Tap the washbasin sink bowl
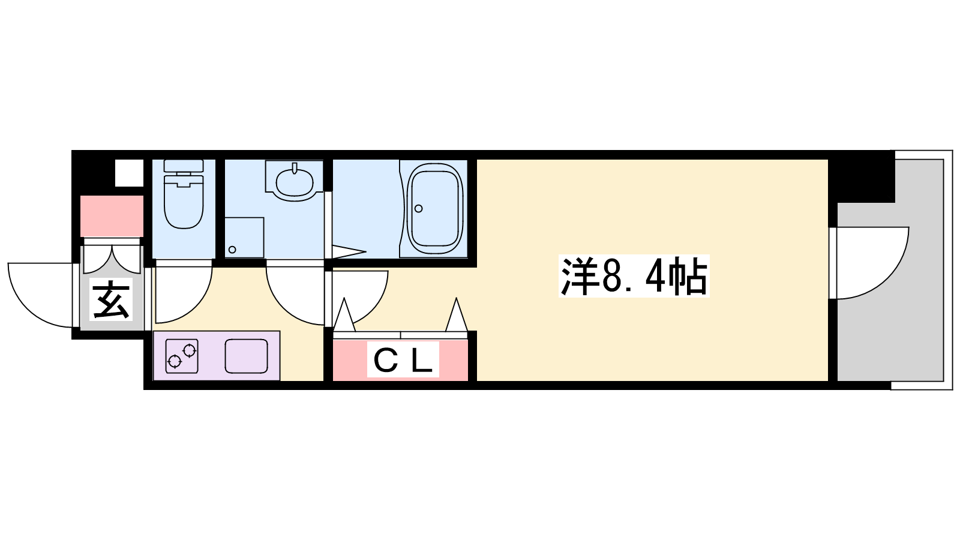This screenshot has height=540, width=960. click(294, 182)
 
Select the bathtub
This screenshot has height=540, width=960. click(434, 209)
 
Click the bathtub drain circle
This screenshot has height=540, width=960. click(419, 209)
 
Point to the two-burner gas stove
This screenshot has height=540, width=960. click(182, 356)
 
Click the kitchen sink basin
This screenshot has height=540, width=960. click(247, 356)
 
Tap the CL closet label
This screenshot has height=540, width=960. click(403, 359)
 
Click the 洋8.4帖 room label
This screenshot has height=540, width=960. click(634, 276)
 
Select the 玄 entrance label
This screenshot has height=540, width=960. click(111, 299)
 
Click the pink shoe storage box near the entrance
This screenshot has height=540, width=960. click(112, 216)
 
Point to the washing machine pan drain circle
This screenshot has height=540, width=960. click(232, 250)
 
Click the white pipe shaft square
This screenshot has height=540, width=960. click(129, 173)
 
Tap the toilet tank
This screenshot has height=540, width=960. click(184, 167)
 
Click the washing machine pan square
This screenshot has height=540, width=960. click(244, 238)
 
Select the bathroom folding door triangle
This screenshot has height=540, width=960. click(349, 252)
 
